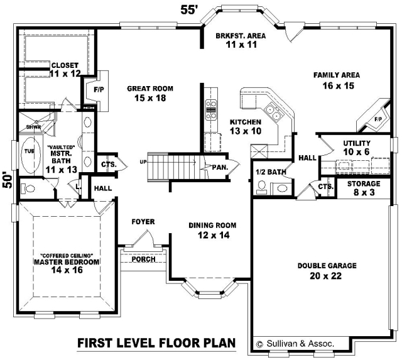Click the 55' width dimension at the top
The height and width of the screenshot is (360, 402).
click(x=188, y=10)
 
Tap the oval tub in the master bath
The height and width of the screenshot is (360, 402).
click(x=31, y=156)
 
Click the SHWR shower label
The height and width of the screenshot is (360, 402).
click(x=33, y=127)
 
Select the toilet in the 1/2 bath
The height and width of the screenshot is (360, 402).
click(x=262, y=187)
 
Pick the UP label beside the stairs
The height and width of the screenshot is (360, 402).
click(x=143, y=162)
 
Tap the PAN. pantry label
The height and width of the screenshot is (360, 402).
click(x=220, y=168)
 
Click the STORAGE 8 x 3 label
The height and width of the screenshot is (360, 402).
click(x=364, y=188)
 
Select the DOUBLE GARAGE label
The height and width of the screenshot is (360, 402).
click(x=327, y=265)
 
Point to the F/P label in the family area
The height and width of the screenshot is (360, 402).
click(x=378, y=119)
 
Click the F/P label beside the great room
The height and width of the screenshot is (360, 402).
click(x=99, y=90)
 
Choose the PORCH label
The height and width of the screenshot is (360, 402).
click(x=143, y=259)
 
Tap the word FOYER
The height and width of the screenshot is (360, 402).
click(x=143, y=222)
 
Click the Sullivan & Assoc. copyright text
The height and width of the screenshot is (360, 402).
click(x=295, y=344)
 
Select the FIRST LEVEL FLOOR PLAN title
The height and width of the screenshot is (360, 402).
click(x=156, y=343)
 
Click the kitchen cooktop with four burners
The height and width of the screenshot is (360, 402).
click(x=211, y=110)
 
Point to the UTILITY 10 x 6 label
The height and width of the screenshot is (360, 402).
click(x=357, y=148)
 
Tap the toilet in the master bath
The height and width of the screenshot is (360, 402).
click(x=28, y=189)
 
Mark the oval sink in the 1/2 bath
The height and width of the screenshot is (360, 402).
click(x=281, y=188)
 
